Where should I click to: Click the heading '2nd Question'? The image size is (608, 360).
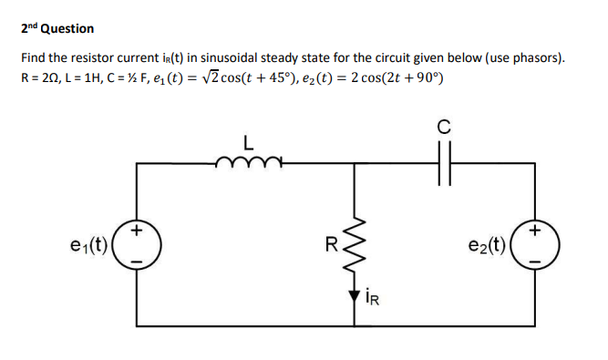click(57, 28)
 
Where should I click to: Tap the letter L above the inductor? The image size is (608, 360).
click(247, 143)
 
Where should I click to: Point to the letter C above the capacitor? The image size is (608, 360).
click(444, 128)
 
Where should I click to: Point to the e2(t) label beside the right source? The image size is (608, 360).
click(487, 243)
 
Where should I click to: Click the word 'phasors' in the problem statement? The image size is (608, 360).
click(534, 57)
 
